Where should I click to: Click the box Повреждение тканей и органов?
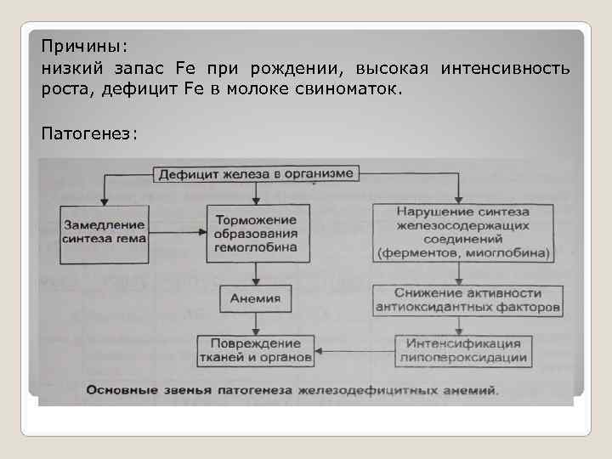[x=256, y=350]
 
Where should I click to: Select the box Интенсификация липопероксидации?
[x=463, y=350]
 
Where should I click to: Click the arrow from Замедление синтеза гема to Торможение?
[x=176, y=231]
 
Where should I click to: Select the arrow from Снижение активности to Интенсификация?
[x=460, y=324]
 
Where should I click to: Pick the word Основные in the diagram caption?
[x=117, y=391]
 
